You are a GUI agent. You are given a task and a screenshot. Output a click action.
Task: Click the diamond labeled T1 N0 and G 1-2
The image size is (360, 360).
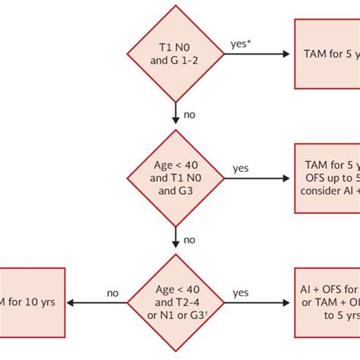coord(177,54)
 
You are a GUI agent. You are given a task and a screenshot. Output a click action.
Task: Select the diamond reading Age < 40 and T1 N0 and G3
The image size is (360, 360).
coord(177,179)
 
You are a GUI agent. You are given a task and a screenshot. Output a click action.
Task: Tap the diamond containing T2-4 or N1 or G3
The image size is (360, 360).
coord(177,303)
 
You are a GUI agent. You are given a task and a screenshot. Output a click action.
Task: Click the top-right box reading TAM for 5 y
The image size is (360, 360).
coord(327,54)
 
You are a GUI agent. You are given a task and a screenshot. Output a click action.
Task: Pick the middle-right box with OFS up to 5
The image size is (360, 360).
coord(327,179)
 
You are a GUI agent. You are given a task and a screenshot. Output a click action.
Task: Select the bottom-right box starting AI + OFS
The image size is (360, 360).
coord(327,303)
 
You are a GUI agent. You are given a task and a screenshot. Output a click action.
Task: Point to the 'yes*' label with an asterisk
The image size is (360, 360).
coord(241,44)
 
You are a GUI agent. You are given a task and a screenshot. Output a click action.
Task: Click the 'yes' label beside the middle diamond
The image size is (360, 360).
coord(241,169)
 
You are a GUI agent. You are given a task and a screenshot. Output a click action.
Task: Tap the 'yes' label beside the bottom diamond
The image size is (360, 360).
coord(241,292)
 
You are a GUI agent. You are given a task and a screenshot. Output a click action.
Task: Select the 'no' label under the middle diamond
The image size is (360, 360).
coord(189,239)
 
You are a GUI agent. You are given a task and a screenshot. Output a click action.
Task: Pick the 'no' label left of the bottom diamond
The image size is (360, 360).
coord(113,292)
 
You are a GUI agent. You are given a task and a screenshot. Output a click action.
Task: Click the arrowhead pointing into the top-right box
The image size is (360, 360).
coord(286,54)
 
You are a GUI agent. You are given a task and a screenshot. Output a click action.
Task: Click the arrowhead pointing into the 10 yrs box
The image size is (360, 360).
coord(71,303)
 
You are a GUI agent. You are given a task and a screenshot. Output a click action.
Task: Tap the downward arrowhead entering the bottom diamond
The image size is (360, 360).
coord(177,245)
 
